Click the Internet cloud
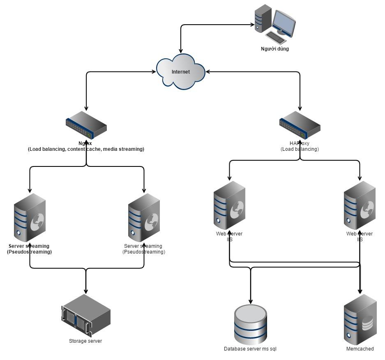(181, 72)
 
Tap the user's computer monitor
(284, 22)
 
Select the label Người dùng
(275, 49)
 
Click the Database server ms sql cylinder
(250, 324)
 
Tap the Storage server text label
(85, 341)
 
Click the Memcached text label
(360, 349)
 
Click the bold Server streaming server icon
(30, 218)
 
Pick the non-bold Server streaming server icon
(144, 218)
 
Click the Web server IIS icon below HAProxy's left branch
(229, 205)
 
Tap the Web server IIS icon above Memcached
(360, 205)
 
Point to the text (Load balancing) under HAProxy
(300, 149)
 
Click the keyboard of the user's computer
(276, 38)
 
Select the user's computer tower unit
(263, 18)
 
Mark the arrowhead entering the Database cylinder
(250, 302)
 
